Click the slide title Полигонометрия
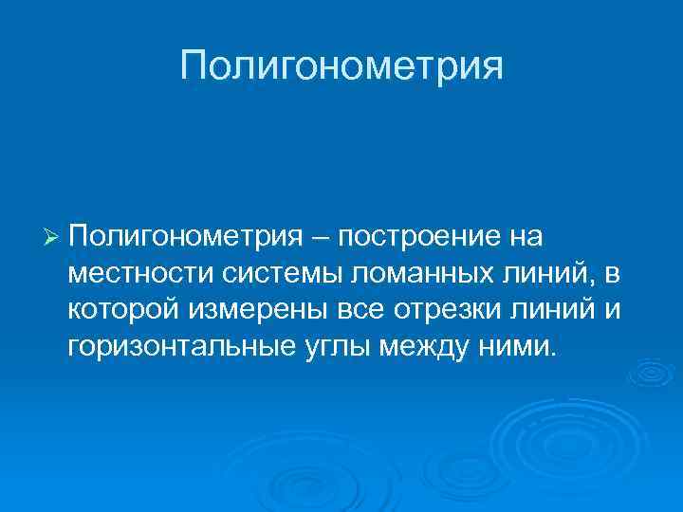click(341, 67)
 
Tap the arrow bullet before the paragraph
click(53, 235)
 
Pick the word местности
click(141, 273)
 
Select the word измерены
click(252, 309)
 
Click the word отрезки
click(432, 309)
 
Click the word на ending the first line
click(533, 235)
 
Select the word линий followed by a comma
click(552, 273)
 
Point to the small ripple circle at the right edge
click(655, 375)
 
